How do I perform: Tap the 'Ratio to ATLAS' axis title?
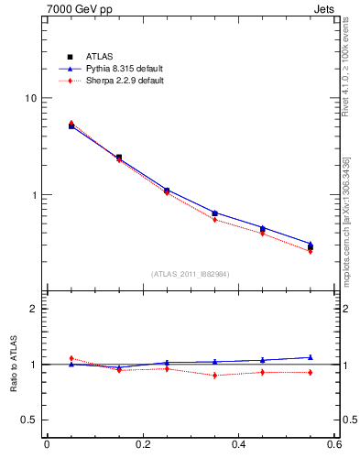tap(12, 364)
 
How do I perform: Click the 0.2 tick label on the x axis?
tap(142, 445)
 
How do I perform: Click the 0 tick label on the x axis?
tap(46, 445)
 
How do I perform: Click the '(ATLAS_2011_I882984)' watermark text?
tap(191, 274)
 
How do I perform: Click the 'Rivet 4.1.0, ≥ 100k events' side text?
tap(350, 65)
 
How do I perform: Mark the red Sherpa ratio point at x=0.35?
tap(214, 376)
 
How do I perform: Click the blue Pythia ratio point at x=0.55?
tap(311, 357)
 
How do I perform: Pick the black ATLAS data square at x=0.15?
tap(119, 158)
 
